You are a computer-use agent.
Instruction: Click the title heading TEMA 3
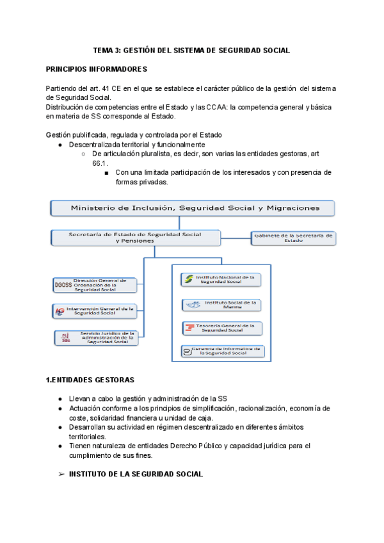[x=191, y=49]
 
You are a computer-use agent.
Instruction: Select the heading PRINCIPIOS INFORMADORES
[x=97, y=69]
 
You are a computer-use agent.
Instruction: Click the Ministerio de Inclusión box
[x=193, y=208]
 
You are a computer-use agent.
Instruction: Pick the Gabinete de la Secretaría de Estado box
[x=292, y=238]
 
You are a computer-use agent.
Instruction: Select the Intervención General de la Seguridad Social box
[x=95, y=311]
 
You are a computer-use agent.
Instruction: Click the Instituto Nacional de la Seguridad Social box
[x=221, y=279]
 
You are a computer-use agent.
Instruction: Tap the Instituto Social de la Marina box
[x=221, y=304]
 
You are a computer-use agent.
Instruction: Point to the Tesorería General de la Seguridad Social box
[x=221, y=328]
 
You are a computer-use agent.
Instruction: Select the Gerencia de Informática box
[x=221, y=351]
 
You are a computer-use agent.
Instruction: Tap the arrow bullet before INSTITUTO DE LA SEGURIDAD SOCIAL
[x=61, y=474]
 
